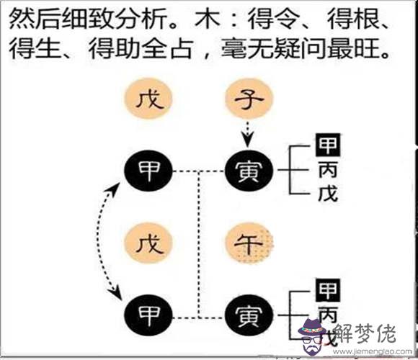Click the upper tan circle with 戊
click(x=148, y=98)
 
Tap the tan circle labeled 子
click(x=249, y=98)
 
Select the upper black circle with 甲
click(x=148, y=171)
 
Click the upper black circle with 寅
click(x=249, y=171)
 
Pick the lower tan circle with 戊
click(x=148, y=243)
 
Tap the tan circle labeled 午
click(x=249, y=243)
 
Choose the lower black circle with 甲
click(x=148, y=315)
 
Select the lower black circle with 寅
click(x=249, y=315)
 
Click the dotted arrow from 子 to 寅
click(x=248, y=134)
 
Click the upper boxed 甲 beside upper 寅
click(x=328, y=145)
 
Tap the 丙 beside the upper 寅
click(x=328, y=170)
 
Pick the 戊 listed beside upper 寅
click(x=328, y=193)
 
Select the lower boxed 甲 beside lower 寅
click(x=328, y=290)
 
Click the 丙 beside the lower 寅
click(x=328, y=315)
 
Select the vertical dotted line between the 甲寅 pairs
click(x=199, y=244)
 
